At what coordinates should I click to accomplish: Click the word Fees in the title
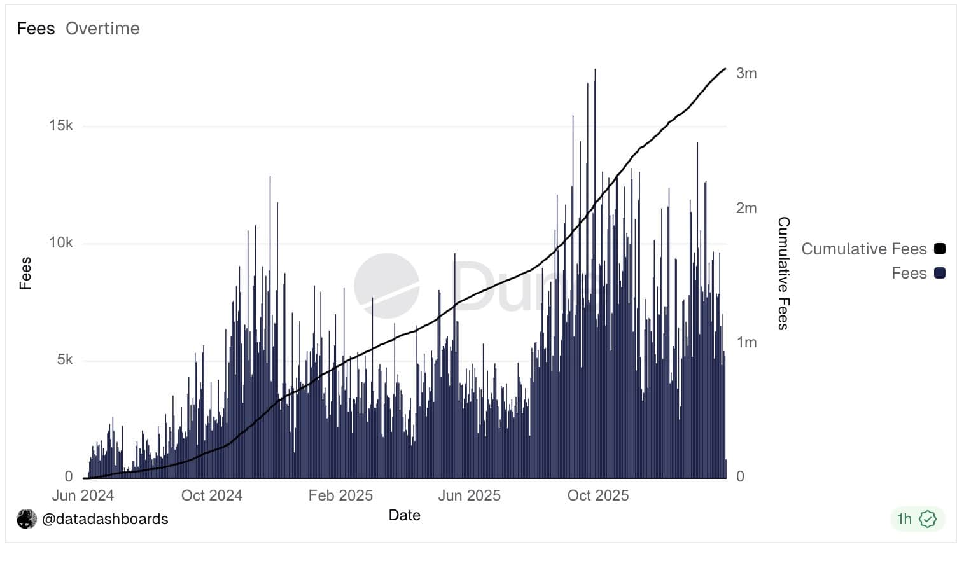click(x=36, y=29)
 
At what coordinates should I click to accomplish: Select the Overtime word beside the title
click(x=102, y=29)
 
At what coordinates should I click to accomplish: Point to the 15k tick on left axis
click(x=61, y=126)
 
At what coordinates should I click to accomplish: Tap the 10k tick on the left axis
click(x=61, y=243)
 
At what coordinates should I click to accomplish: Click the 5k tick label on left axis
click(x=65, y=360)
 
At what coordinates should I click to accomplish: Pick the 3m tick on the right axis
click(x=746, y=73)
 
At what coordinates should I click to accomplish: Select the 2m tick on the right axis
click(x=746, y=208)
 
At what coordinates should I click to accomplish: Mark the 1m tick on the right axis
click(x=746, y=342)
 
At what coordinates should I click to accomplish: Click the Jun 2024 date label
click(x=83, y=495)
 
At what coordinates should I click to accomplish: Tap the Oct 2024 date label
click(x=212, y=495)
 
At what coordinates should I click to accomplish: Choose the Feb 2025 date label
click(x=340, y=495)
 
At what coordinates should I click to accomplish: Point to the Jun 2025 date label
click(x=470, y=495)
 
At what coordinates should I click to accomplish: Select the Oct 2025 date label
click(x=598, y=495)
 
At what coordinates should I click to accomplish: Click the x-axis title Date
click(x=405, y=515)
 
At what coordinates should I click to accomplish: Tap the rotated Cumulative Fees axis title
click(x=783, y=274)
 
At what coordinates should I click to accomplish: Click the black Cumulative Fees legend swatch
click(x=939, y=249)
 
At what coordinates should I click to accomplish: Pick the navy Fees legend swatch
click(x=939, y=273)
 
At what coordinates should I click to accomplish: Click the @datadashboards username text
click(x=105, y=519)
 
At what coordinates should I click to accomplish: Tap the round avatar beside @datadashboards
click(x=27, y=519)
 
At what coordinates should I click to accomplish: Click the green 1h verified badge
click(x=917, y=519)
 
